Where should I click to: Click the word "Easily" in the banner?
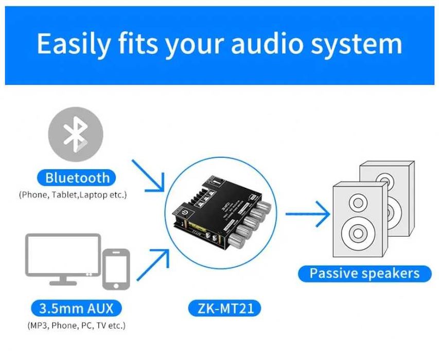[x=72, y=44]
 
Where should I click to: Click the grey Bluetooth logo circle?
[x=76, y=135]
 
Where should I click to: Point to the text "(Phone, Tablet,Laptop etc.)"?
[x=73, y=195]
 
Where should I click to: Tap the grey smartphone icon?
[x=116, y=269]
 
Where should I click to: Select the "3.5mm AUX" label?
[x=76, y=309]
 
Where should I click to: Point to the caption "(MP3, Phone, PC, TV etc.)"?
[x=76, y=325]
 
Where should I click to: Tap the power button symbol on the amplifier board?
[x=184, y=212]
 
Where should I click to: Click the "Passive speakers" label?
[x=364, y=273]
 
